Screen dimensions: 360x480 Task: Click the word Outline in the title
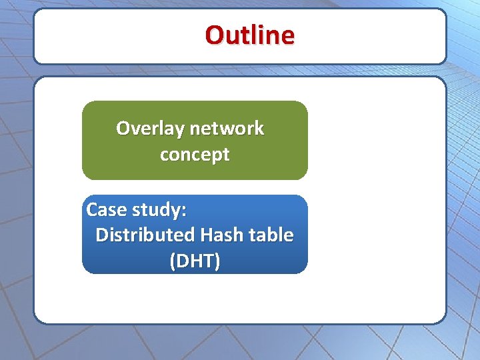pyautogui.click(x=249, y=35)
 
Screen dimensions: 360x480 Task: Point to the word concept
pyautogui.click(x=195, y=155)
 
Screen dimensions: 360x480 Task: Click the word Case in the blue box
pyautogui.click(x=107, y=210)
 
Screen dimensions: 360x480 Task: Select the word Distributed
pyautogui.click(x=145, y=235)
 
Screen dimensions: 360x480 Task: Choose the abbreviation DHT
pyautogui.click(x=195, y=261)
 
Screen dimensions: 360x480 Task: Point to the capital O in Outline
pyautogui.click(x=215, y=35)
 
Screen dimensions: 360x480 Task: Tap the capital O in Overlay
pyautogui.click(x=123, y=128)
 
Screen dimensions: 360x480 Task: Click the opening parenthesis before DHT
pyautogui.click(x=173, y=261)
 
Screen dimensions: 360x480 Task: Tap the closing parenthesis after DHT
pyautogui.click(x=217, y=261)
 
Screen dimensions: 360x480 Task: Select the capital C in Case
pyautogui.click(x=93, y=210)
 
